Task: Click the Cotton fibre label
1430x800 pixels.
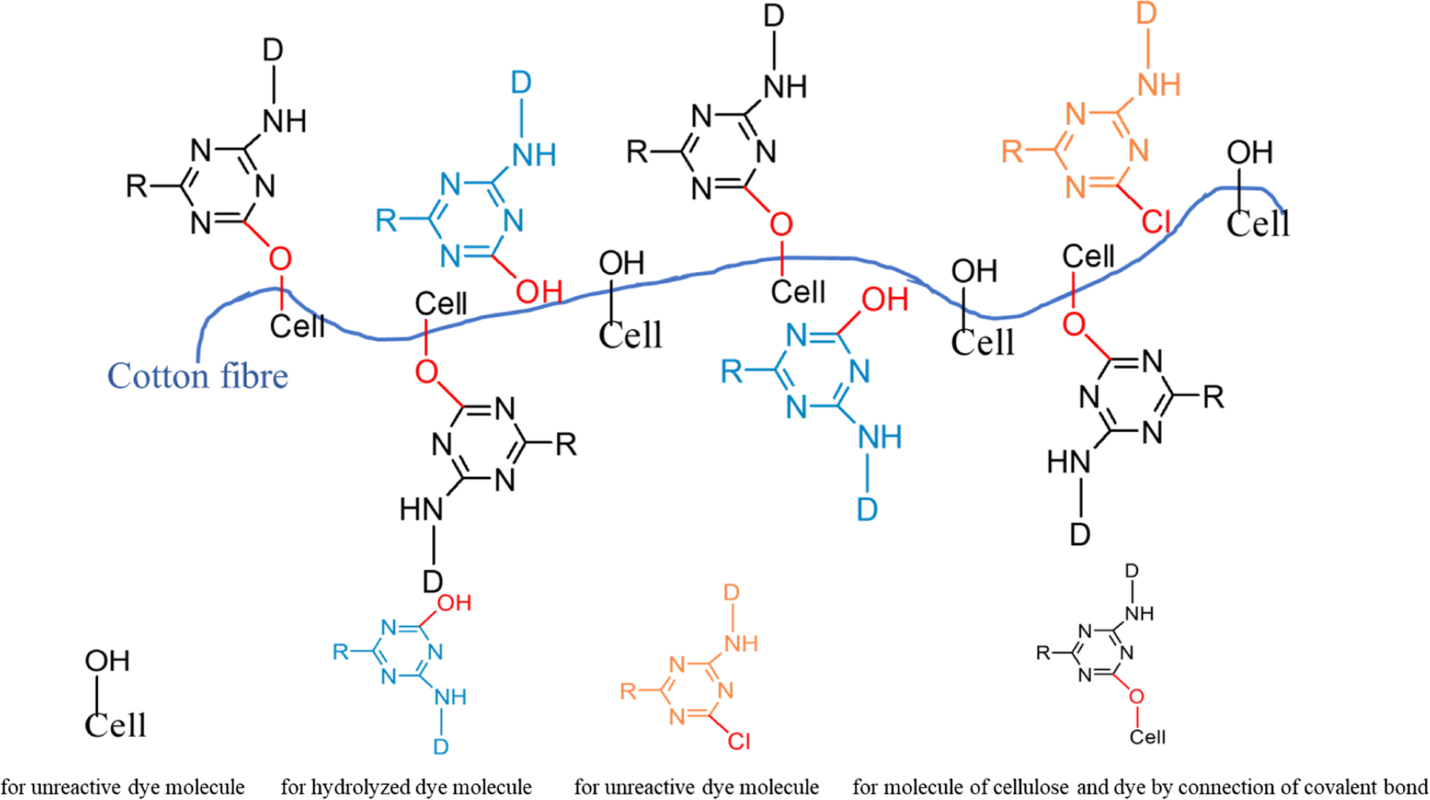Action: (198, 376)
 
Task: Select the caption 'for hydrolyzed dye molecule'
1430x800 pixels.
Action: (406, 787)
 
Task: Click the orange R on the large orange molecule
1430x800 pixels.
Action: (1012, 152)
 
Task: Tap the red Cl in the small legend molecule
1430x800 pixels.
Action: (739, 741)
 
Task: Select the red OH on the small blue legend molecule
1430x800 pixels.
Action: (455, 603)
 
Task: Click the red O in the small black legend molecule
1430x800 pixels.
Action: (1137, 697)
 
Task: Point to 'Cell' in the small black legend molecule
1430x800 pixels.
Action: (1147, 738)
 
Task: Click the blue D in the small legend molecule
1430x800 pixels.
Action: (441, 747)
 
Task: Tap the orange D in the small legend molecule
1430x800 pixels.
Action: (731, 593)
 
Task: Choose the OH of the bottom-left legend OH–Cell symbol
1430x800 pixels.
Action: (107, 661)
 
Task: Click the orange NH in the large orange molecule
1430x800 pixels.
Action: (1159, 86)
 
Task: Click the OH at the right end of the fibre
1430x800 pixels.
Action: (1250, 153)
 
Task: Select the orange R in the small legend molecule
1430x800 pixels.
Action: (628, 691)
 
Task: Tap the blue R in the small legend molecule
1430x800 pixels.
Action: (341, 652)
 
